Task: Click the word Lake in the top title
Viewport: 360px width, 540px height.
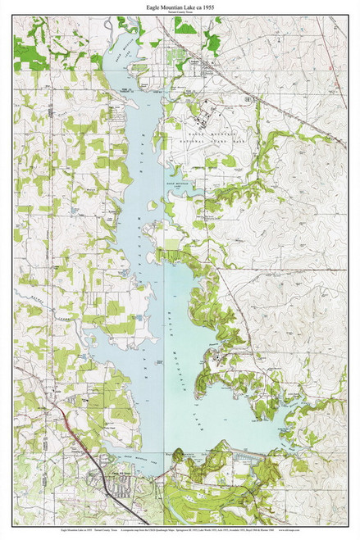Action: pyautogui.click(x=196, y=7)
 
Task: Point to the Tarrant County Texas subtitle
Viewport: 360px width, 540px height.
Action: pyautogui.click(x=180, y=13)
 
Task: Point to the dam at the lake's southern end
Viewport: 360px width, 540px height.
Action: pyautogui.click(x=230, y=452)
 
